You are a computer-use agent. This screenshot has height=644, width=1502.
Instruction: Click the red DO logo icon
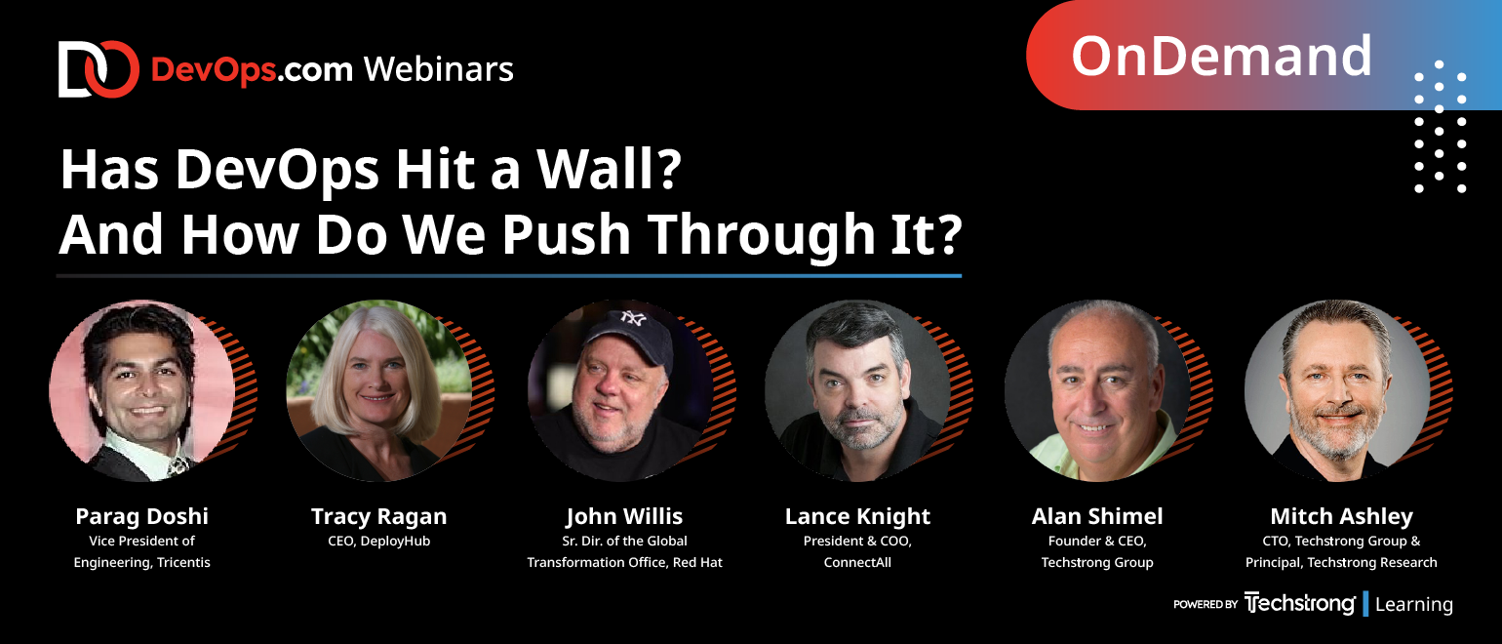click(99, 69)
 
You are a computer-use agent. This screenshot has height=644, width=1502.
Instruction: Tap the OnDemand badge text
click(1221, 57)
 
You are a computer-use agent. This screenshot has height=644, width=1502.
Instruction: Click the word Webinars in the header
click(439, 69)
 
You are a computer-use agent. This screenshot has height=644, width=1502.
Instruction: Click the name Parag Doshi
click(142, 516)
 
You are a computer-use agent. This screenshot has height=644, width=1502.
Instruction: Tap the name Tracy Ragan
click(378, 516)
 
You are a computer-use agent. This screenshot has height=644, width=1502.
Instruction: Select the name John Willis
click(624, 516)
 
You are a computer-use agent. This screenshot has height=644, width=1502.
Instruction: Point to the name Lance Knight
click(857, 516)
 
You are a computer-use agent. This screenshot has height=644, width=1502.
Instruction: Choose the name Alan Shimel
click(1097, 516)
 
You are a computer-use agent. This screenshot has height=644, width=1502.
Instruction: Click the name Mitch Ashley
click(1342, 516)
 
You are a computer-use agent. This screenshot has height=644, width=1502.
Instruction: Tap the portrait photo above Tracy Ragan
click(378, 390)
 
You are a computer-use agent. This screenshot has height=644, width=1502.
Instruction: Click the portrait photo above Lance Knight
click(857, 390)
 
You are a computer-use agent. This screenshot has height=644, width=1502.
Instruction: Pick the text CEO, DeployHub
click(378, 541)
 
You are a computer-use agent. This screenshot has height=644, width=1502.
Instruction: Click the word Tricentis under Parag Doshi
click(183, 562)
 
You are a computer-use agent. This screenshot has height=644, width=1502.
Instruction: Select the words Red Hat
click(697, 562)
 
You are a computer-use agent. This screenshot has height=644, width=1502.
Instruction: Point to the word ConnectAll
click(857, 562)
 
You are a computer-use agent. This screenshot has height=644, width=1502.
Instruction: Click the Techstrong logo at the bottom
click(1299, 603)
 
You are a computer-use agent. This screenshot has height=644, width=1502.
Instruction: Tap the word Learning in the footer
click(1414, 604)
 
